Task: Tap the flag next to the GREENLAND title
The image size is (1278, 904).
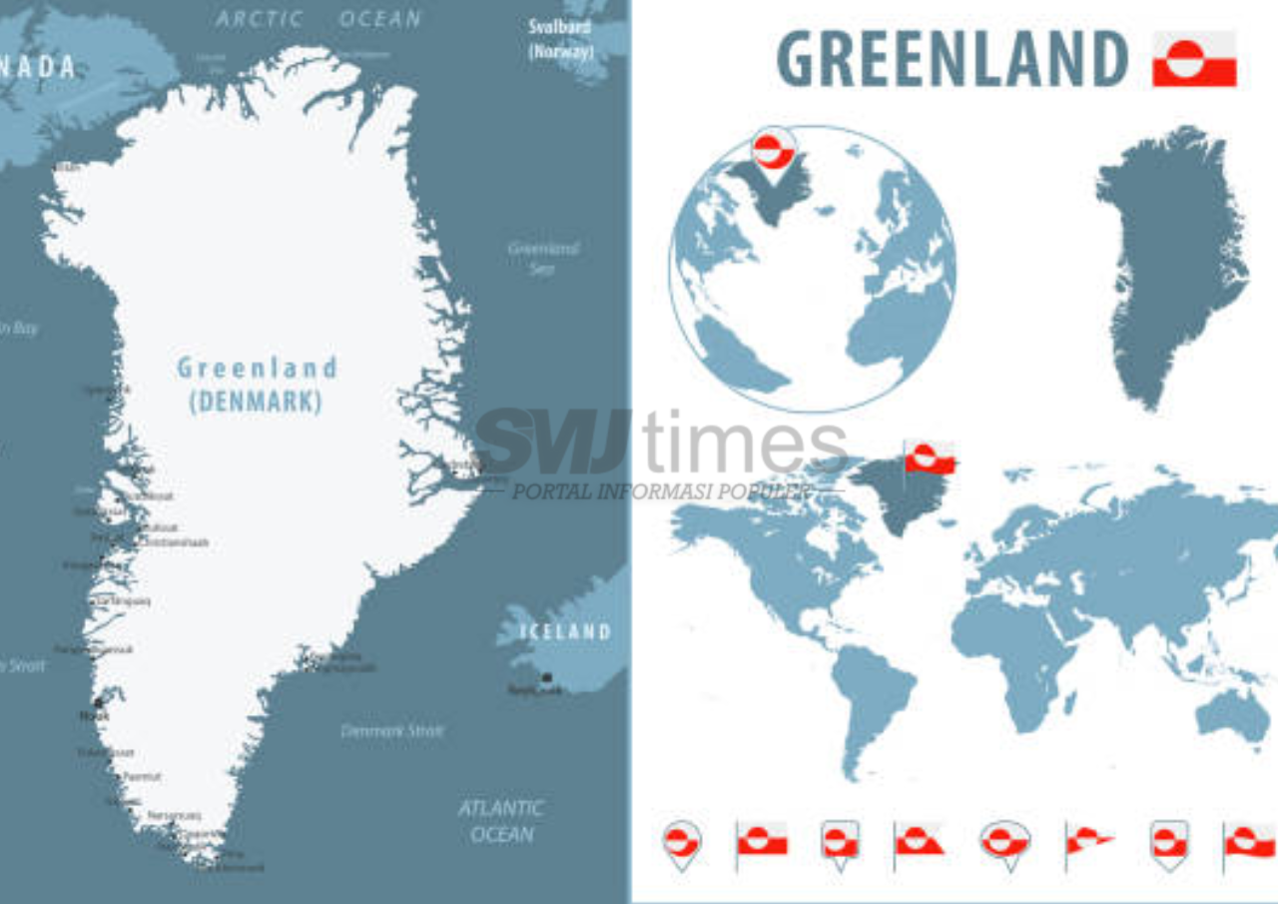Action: tap(1194, 59)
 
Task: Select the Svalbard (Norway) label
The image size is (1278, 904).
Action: tap(560, 39)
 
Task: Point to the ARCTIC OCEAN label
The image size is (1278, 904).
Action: tap(319, 19)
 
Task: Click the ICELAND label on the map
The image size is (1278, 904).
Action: tap(566, 631)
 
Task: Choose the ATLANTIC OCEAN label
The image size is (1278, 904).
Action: tap(501, 820)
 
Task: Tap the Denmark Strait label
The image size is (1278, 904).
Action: tap(392, 730)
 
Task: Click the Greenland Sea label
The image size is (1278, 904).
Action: tap(543, 257)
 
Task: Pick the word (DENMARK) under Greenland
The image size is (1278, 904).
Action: tap(256, 402)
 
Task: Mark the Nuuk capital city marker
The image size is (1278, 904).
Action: tap(98, 703)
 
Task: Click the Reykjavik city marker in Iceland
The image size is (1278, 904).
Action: tap(546, 678)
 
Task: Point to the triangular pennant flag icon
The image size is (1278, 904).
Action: tap(1088, 839)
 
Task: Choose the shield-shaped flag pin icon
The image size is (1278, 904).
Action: tap(1169, 841)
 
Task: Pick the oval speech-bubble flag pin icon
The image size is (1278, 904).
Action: tap(1004, 841)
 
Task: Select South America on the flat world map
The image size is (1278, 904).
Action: tap(869, 699)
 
